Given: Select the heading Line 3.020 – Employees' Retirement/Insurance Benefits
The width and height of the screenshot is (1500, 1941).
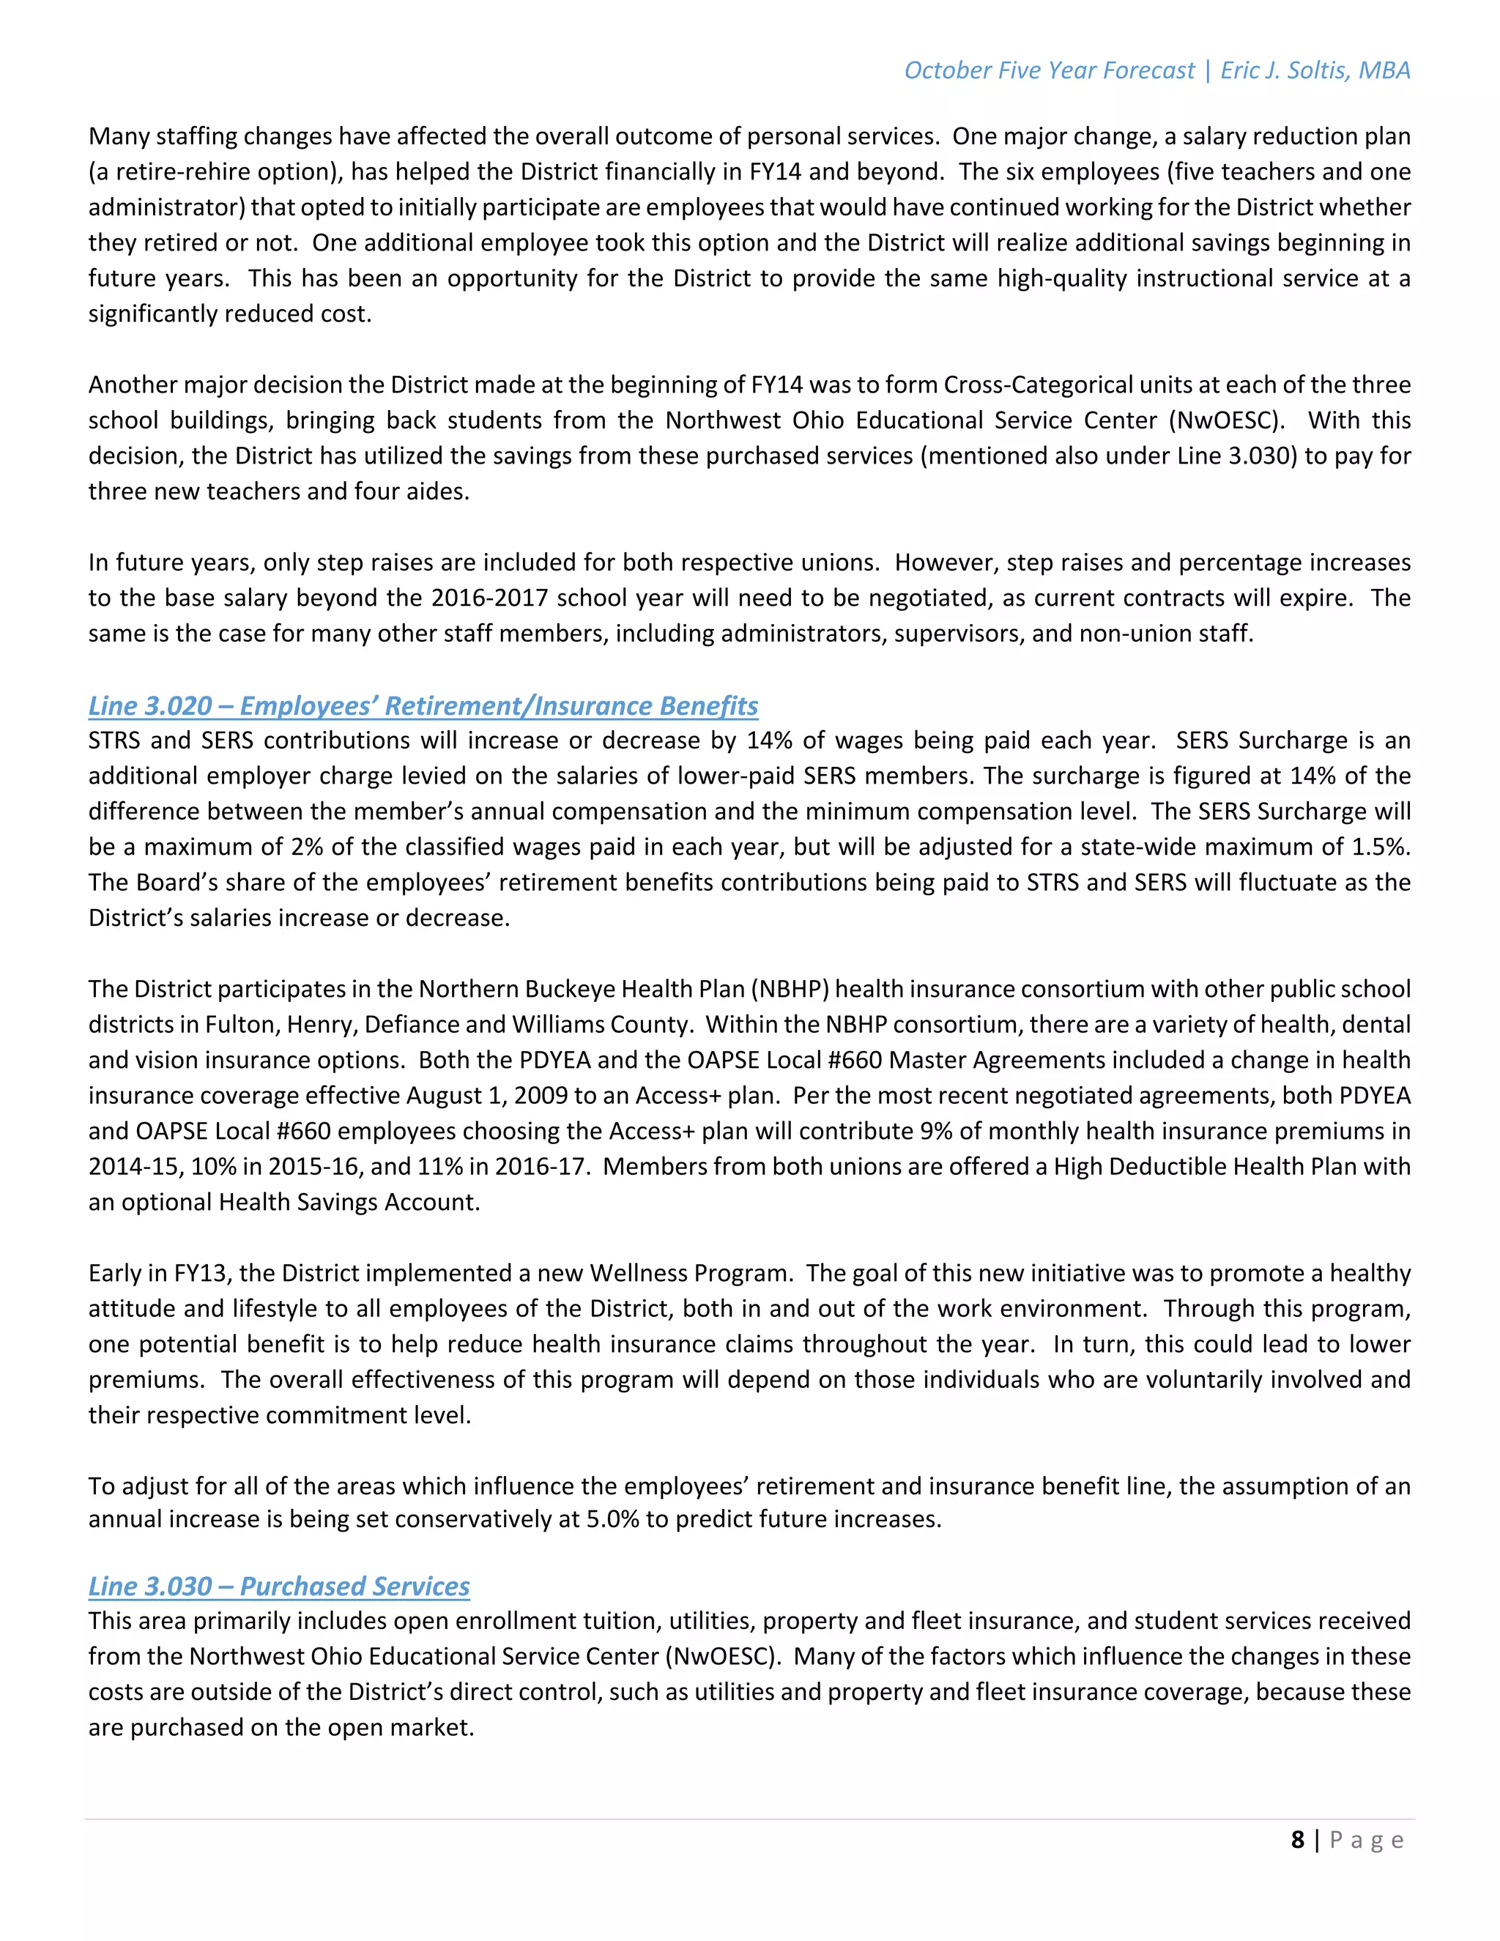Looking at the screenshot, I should (423, 705).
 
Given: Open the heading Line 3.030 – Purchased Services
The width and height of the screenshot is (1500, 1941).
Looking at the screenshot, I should (279, 1586).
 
